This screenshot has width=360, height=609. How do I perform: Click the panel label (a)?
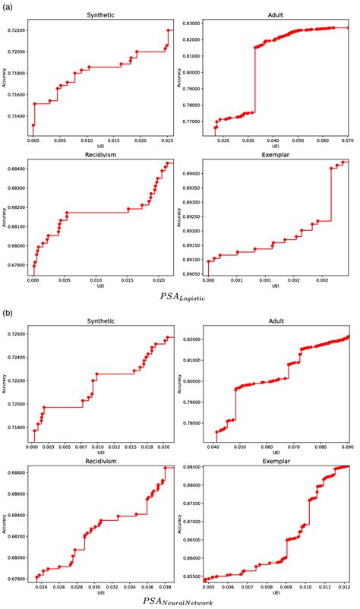7,6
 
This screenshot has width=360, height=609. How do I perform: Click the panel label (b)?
7,311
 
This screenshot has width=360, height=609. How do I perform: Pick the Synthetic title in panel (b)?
102,320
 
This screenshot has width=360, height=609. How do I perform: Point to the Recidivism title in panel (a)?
102,156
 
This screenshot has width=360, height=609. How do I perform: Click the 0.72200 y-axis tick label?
17,30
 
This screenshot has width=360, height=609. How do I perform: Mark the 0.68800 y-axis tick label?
17,472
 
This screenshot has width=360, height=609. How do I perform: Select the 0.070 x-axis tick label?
348,141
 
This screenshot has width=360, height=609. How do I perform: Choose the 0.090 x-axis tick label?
348,448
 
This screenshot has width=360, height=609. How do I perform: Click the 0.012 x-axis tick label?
346,587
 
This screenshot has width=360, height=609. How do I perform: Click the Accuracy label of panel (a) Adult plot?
180,76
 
